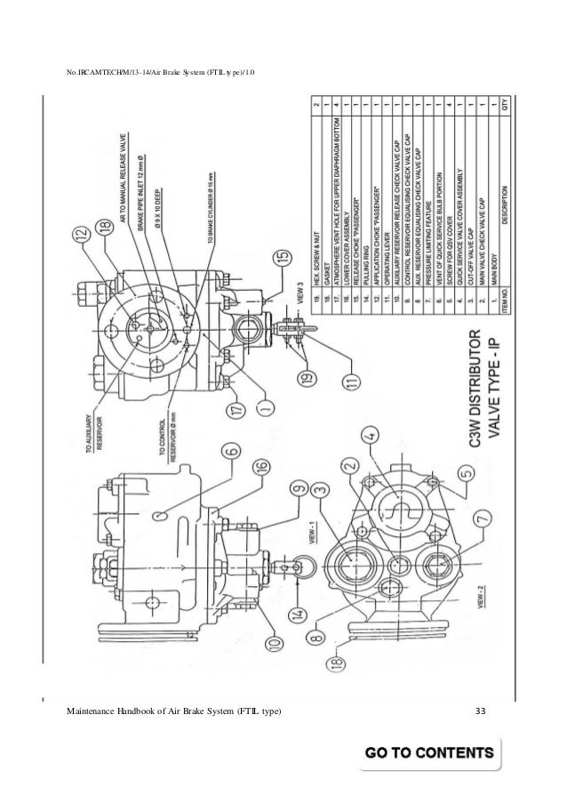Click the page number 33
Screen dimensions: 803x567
482,708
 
